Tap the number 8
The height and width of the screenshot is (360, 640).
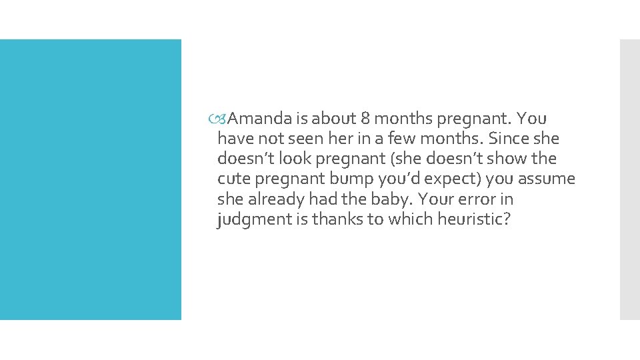(x=365, y=119)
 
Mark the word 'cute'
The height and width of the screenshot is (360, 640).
(x=232, y=179)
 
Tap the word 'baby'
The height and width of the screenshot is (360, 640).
(x=383, y=199)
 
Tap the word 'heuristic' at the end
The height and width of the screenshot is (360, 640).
(x=474, y=219)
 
